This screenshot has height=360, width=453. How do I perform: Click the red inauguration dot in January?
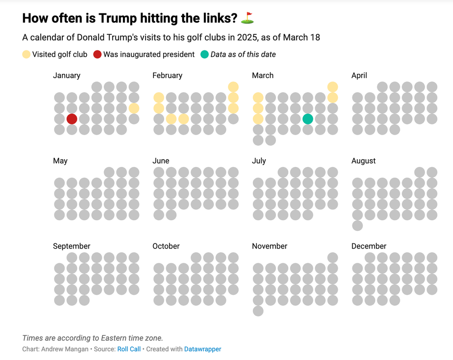[72, 119]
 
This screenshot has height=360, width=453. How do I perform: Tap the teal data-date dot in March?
[308, 119]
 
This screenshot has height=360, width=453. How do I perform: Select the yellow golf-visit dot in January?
[134, 108]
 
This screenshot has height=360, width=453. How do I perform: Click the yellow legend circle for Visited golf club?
[26, 55]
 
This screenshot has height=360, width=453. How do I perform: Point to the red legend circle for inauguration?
[98, 55]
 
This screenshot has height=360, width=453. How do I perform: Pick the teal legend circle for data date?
[204, 55]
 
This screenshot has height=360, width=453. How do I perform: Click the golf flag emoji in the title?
[248, 18]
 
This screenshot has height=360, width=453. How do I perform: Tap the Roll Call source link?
[129, 349]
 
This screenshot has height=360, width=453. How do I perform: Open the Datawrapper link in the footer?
[202, 349]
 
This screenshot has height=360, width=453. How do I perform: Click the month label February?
[167, 75]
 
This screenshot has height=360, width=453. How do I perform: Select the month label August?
[363, 161]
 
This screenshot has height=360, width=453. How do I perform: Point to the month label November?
[269, 246]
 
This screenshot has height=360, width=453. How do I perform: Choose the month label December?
[369, 246]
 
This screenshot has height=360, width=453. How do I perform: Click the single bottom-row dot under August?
[357, 226]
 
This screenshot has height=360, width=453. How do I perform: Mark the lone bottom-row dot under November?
[258, 311]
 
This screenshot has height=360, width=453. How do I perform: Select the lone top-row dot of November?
[333, 257]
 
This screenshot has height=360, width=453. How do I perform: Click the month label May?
[60, 161]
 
